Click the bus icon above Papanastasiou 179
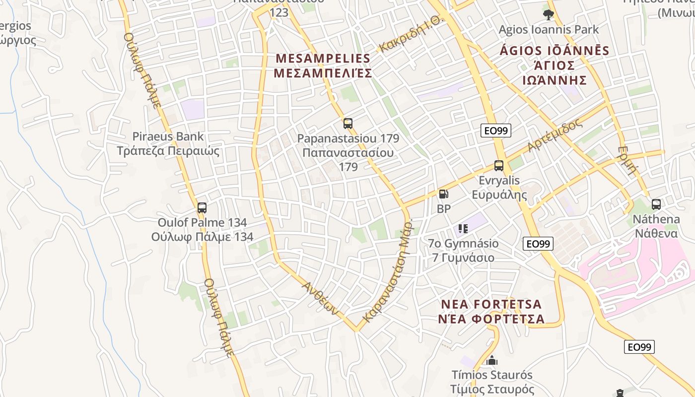(x=348, y=124)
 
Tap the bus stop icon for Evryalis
(x=499, y=166)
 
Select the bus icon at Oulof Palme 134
(x=202, y=208)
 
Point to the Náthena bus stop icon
(x=656, y=204)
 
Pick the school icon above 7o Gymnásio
(x=463, y=229)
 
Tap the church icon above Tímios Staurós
(x=492, y=360)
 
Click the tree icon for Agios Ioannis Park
(x=549, y=15)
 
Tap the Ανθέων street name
(x=321, y=298)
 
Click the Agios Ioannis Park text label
(x=549, y=30)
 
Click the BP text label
(x=444, y=209)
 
